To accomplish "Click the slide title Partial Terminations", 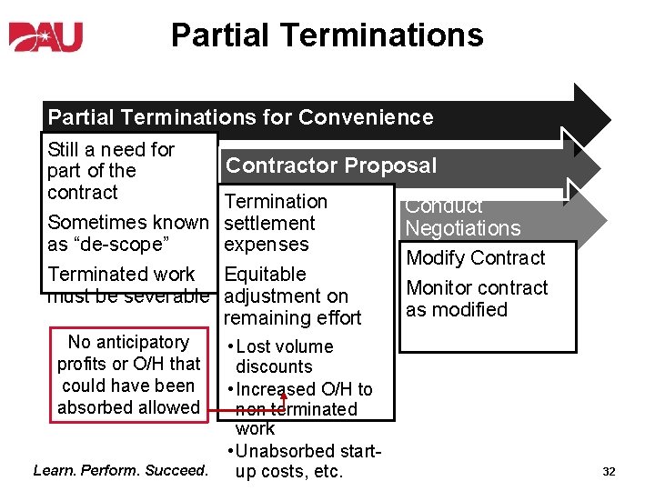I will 327,35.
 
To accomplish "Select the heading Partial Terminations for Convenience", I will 240,117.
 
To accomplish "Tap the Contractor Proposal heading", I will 331,165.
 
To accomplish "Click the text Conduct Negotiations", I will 462,218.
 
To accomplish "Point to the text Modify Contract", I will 475,258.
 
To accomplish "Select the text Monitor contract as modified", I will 477,298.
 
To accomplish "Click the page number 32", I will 609,472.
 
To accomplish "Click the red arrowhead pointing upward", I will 283,394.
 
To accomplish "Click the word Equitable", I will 265,275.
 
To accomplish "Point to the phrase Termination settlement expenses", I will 275,223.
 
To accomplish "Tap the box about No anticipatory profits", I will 128,375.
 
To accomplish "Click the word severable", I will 168,296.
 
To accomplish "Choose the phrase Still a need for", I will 111,149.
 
